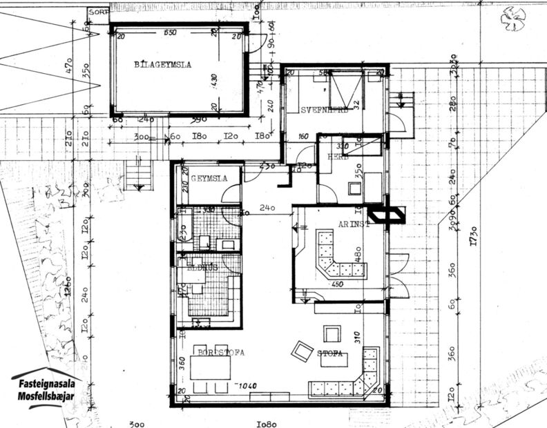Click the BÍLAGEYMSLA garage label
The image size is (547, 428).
(162, 65)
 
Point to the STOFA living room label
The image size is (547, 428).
(330, 354)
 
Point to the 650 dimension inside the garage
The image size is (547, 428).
(169, 33)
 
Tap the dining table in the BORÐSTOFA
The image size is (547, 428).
(211, 367)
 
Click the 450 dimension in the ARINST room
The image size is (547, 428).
(337, 283)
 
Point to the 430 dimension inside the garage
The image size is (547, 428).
(213, 81)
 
